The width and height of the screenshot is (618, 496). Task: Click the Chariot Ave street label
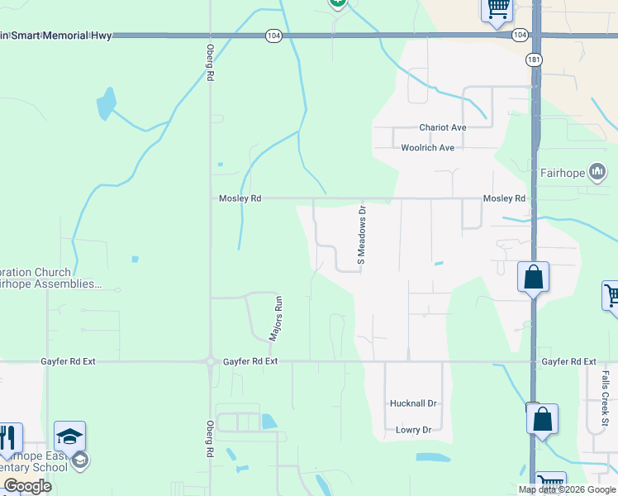coord(443,127)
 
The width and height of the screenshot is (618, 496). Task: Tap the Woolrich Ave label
coord(428,148)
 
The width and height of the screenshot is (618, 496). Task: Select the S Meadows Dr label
coord(361,236)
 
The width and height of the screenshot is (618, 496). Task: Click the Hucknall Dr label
coord(412,403)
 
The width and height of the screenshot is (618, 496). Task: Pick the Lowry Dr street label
coord(414,430)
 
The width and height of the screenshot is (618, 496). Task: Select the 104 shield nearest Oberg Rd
coord(274,36)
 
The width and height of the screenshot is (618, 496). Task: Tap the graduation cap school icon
coord(70,436)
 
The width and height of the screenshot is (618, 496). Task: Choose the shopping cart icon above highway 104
coord(497,8)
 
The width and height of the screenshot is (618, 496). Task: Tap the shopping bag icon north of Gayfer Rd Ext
coord(533,277)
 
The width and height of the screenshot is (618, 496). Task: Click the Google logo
coord(27,486)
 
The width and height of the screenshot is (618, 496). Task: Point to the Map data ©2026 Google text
coord(568,489)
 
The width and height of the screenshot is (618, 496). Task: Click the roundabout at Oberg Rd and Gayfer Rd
coord(210,362)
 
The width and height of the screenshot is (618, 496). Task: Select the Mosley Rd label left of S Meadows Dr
coord(240,198)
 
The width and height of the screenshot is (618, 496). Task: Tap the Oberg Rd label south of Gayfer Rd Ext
coord(210,437)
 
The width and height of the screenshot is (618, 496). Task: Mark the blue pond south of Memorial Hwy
coord(106,105)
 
